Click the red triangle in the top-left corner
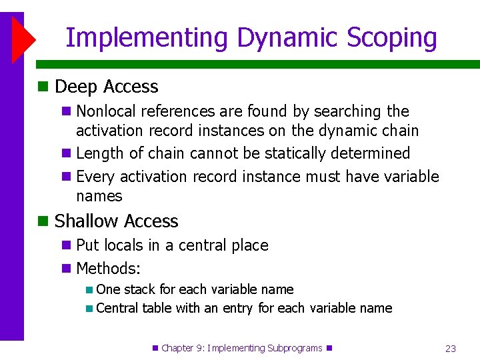pos(22,39)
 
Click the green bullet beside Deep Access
pos(43,87)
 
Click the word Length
pos(100,153)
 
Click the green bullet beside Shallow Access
pos(43,221)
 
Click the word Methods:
pos(108,269)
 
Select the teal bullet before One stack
pos(89,290)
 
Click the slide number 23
pos(450,348)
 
